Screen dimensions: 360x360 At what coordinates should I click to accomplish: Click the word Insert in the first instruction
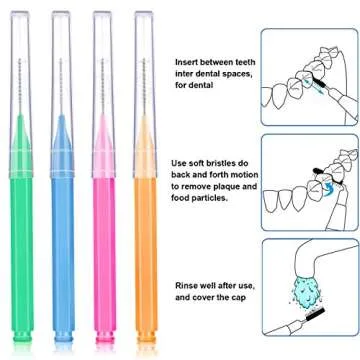[188, 62]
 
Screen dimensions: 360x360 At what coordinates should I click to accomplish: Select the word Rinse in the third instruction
[188, 288]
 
